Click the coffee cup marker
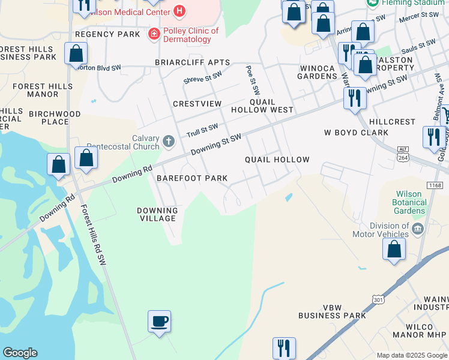160,322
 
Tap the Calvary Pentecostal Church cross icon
169,142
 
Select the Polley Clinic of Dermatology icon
154,34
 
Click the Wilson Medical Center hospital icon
178,11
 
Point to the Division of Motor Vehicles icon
418,229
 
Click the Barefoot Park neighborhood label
192,178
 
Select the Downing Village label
158,214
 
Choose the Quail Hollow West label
271,106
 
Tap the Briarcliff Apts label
192,62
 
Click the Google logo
20,353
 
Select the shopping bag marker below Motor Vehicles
394,249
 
